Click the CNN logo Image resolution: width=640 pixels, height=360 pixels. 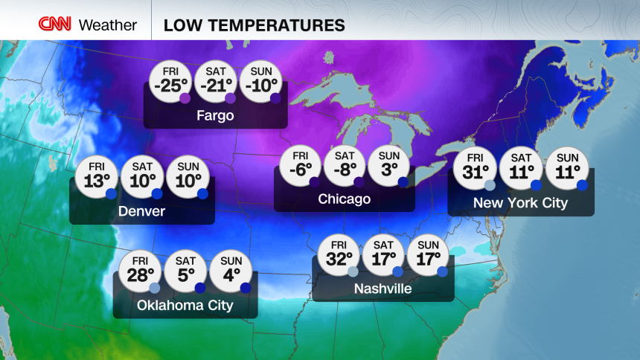(55, 25)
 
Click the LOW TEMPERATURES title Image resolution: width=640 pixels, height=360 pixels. (254, 25)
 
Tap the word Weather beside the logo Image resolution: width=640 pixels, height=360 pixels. (108, 25)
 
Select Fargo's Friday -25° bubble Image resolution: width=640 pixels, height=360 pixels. (170, 81)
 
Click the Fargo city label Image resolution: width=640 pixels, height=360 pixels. (215, 116)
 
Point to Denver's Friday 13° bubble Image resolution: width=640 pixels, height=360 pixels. (96, 176)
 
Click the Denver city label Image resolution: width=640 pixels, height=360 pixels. (141, 212)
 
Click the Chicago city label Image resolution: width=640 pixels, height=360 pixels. (344, 199)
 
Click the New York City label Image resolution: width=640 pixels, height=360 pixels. (520, 203)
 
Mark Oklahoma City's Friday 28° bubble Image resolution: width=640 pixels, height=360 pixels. (140, 271)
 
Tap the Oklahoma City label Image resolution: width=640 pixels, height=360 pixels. (185, 306)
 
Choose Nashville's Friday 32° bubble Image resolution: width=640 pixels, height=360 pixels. (339, 256)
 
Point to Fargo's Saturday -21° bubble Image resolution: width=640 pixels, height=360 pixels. (215, 81)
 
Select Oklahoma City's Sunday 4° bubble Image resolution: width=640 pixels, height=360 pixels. (231, 271)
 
